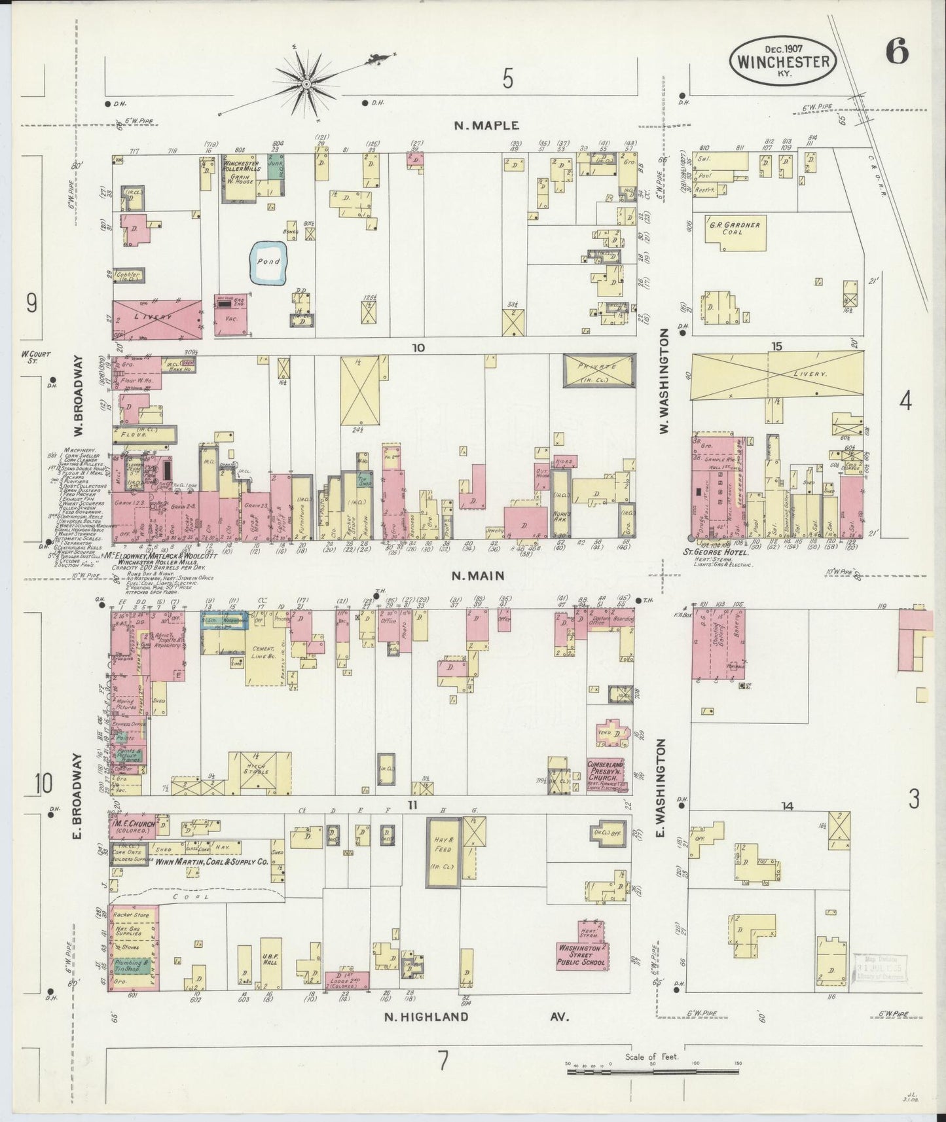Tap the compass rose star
click(306, 84)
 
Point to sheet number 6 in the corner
click(897, 52)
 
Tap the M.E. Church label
click(133, 825)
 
